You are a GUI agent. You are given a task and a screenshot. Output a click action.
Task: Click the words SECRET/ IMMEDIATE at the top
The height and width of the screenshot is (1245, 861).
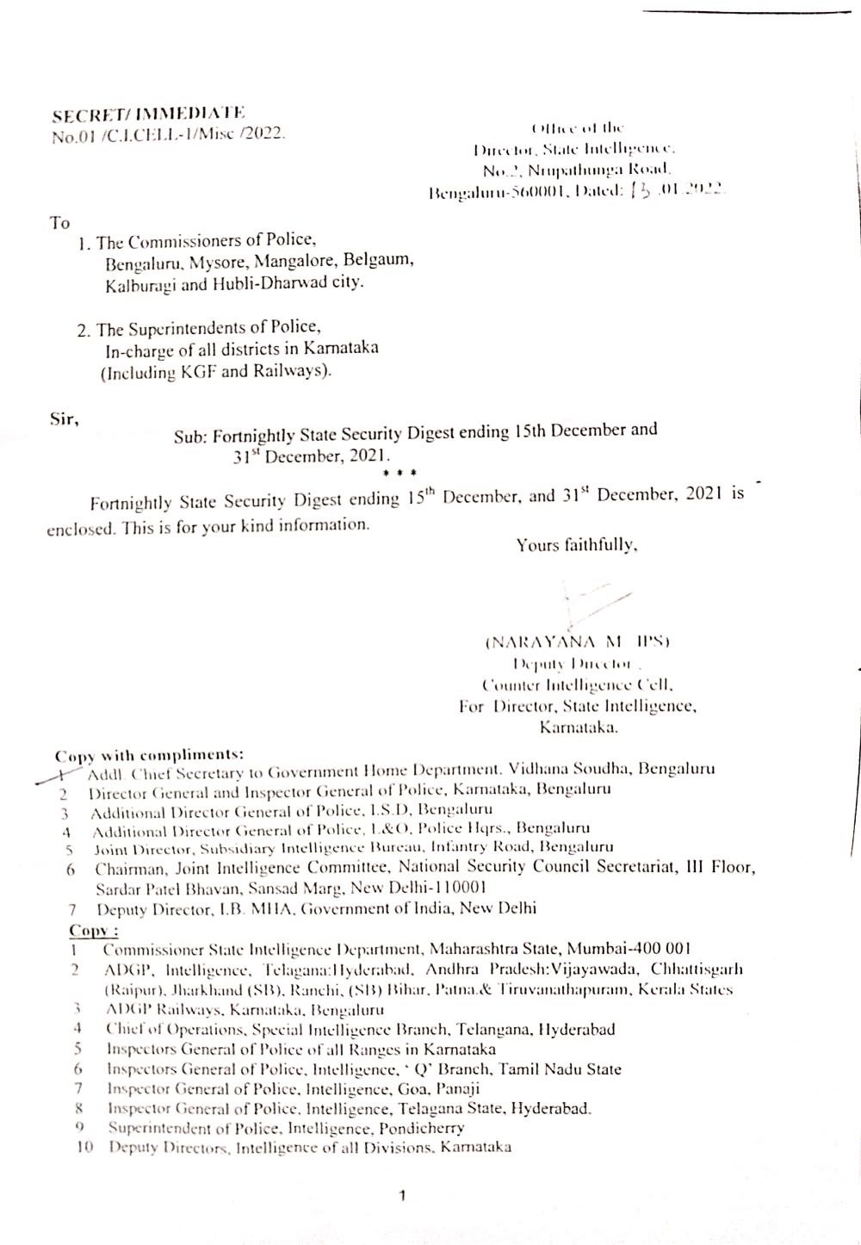click(x=149, y=115)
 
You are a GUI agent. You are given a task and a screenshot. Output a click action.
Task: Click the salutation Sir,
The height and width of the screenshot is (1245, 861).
click(x=65, y=420)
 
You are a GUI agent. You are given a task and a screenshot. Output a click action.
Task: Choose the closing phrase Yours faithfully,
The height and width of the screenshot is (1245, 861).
click(x=576, y=544)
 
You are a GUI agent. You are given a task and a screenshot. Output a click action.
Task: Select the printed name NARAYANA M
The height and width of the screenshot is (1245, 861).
click(x=552, y=641)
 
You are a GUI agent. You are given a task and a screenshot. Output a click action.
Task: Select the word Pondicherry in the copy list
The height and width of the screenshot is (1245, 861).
click(x=422, y=1127)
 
